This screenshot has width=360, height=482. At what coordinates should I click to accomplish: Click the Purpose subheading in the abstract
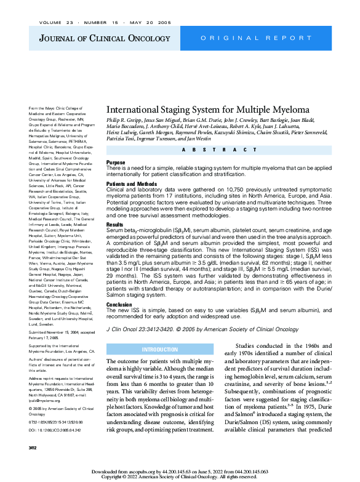pos(116,163)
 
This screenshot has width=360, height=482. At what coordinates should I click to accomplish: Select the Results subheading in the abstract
pos(114,225)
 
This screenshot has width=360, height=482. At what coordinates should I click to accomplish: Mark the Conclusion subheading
pos(119,304)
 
